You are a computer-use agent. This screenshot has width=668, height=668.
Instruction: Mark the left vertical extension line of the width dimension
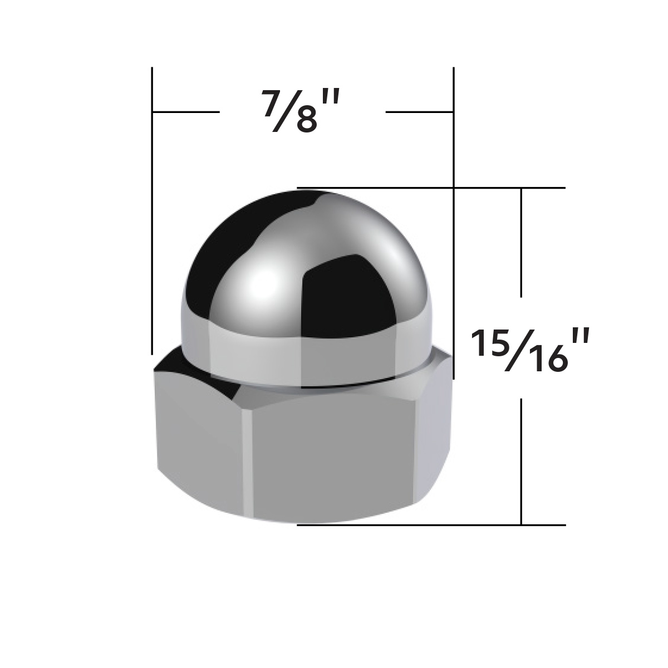click(152, 223)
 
